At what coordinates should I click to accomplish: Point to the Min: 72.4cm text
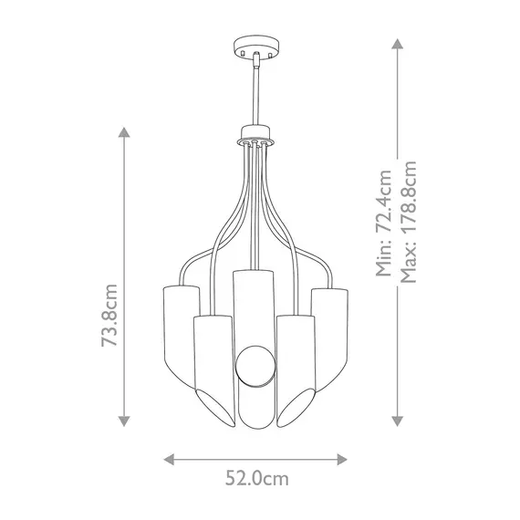(384, 223)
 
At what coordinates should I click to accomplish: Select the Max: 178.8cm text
(409, 223)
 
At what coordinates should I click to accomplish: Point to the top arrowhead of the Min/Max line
(397, 42)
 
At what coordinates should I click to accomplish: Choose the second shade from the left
(212, 365)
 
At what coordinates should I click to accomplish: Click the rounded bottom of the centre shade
(254, 422)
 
